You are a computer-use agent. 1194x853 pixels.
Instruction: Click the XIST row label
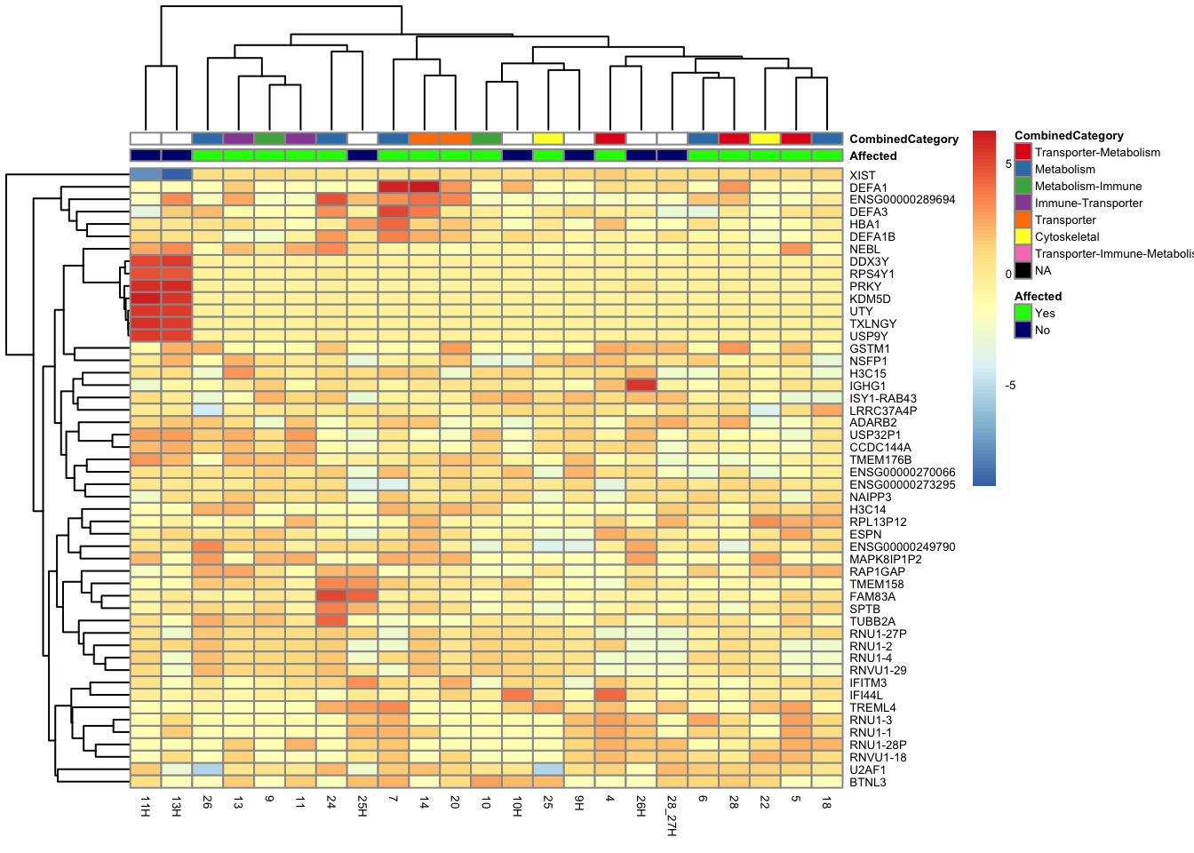coord(862,175)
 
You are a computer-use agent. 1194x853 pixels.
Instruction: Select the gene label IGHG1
coord(867,386)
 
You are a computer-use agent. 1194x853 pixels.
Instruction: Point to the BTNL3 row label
coord(867,782)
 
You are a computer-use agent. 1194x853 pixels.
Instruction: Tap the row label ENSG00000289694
coord(902,199)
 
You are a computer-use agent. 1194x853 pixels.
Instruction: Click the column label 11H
coord(146,807)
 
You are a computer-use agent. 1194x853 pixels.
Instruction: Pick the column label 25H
coord(362,807)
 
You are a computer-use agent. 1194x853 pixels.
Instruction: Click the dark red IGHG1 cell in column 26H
coord(641,385)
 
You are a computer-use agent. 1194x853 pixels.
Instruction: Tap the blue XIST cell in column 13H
coord(177,174)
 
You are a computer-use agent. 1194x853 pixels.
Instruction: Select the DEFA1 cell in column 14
coord(425,187)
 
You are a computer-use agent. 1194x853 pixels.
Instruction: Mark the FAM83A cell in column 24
coord(331,595)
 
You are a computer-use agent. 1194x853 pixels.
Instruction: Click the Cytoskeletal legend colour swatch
coord(1023,236)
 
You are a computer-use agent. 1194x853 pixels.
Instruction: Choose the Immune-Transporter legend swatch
coord(1023,203)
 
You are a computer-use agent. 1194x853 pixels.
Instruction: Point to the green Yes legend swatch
coord(1023,313)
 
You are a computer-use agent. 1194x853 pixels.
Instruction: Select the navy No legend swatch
coord(1023,330)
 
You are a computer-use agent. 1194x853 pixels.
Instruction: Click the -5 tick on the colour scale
coord(1010,385)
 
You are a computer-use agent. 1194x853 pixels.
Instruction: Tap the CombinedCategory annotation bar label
coord(903,139)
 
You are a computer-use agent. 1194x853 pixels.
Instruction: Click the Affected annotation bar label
coord(872,155)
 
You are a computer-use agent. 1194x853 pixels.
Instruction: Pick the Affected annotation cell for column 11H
coord(146,155)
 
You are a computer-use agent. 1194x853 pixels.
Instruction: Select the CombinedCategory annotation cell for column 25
coord(548,139)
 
